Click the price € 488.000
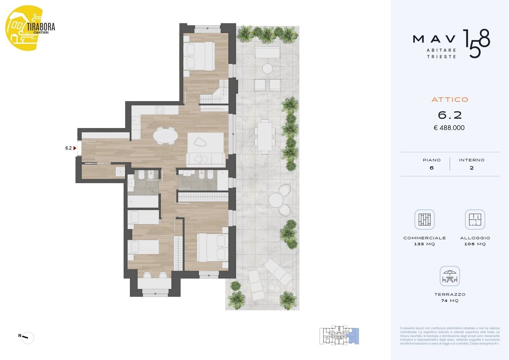tap(449, 128)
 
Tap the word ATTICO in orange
tap(450, 100)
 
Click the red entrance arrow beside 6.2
tap(75, 148)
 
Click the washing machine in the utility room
tap(120, 171)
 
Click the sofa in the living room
tap(205, 159)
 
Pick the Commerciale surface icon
tap(424, 219)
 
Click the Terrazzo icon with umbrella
tap(450, 276)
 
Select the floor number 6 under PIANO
tap(432, 168)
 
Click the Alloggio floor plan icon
tap(475, 219)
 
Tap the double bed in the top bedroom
tap(199, 57)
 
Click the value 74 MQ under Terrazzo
tap(450, 301)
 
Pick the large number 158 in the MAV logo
tap(476, 43)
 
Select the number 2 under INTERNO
tap(472, 168)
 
